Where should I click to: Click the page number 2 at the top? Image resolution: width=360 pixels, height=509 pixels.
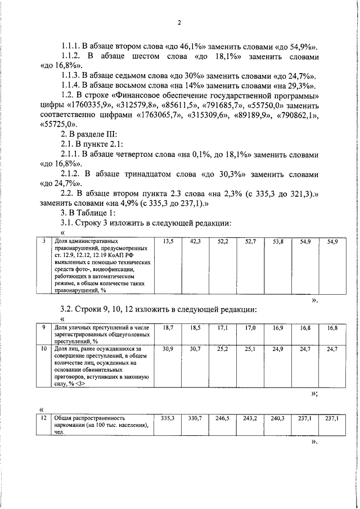point(179,23)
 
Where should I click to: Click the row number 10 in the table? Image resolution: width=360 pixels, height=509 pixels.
point(44,349)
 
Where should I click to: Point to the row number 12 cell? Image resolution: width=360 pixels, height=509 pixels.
point(44,418)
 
